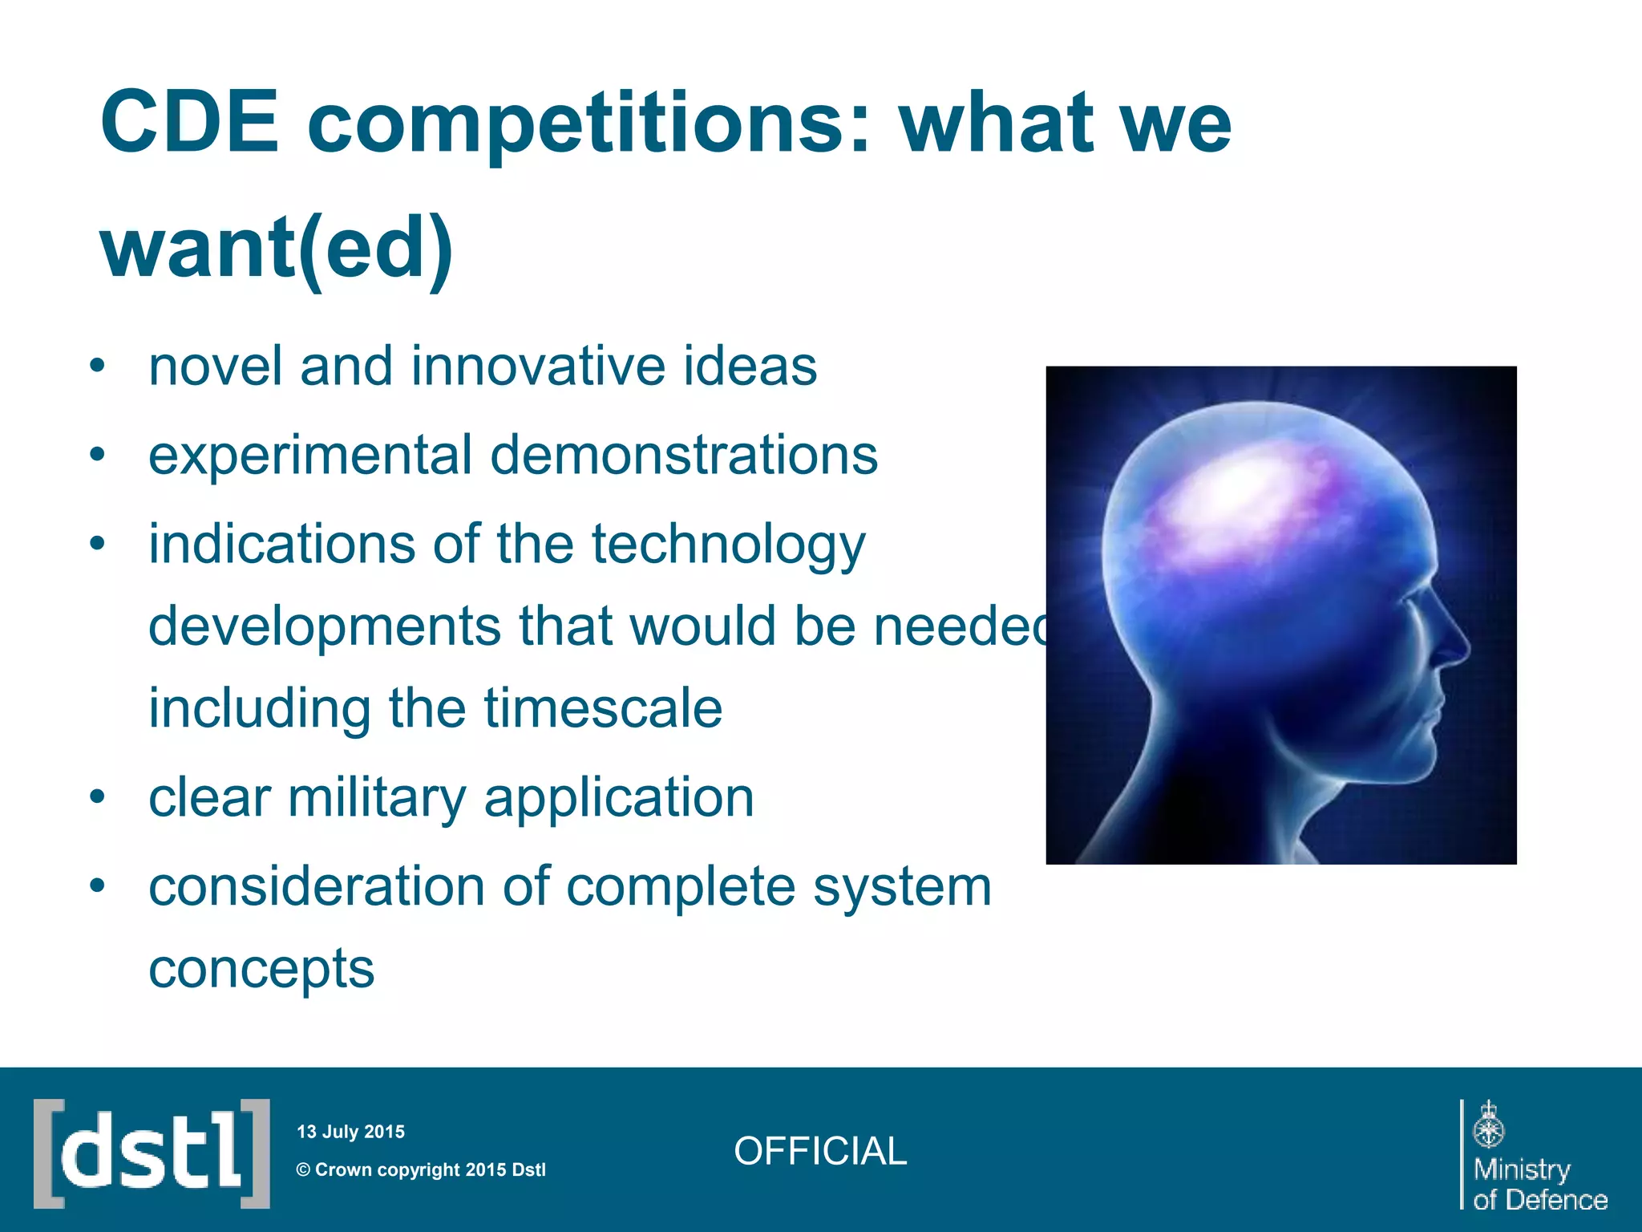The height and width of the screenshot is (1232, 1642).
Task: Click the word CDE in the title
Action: coord(189,123)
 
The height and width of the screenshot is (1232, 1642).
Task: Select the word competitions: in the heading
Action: coord(589,124)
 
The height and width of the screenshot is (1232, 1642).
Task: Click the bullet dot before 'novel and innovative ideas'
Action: coord(97,367)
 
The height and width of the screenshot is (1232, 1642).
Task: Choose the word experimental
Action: coord(310,456)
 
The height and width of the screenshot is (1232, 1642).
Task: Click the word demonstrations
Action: coord(684,455)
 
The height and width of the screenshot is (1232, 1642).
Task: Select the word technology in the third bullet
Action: coord(729,545)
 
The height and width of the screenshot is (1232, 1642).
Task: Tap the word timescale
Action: coord(603,708)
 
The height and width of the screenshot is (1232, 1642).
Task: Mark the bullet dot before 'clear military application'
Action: coord(97,798)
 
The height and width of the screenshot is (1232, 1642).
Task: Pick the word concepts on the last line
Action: coord(261,969)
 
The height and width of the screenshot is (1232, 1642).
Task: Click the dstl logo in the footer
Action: coord(152,1153)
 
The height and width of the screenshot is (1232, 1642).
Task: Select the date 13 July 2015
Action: coord(350,1132)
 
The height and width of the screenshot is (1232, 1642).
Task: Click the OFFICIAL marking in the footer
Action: coord(819,1152)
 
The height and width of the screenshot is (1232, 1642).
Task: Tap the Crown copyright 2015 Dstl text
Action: coord(421,1169)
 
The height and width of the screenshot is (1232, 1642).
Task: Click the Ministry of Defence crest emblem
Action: coord(1489,1125)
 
